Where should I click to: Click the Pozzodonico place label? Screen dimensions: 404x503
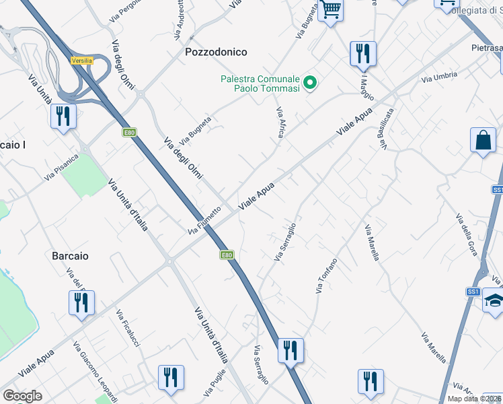pyautogui.click(x=216, y=52)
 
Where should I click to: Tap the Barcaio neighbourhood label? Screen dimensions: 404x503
pyautogui.click(x=71, y=256)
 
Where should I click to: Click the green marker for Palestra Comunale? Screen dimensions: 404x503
pyautogui.click(x=310, y=83)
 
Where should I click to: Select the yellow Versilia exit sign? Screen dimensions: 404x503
pyautogui.click(x=81, y=61)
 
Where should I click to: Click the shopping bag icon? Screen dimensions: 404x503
pyautogui.click(x=483, y=141)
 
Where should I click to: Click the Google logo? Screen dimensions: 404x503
pyautogui.click(x=22, y=396)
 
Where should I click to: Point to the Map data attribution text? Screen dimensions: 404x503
pyautogui.click(x=475, y=399)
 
